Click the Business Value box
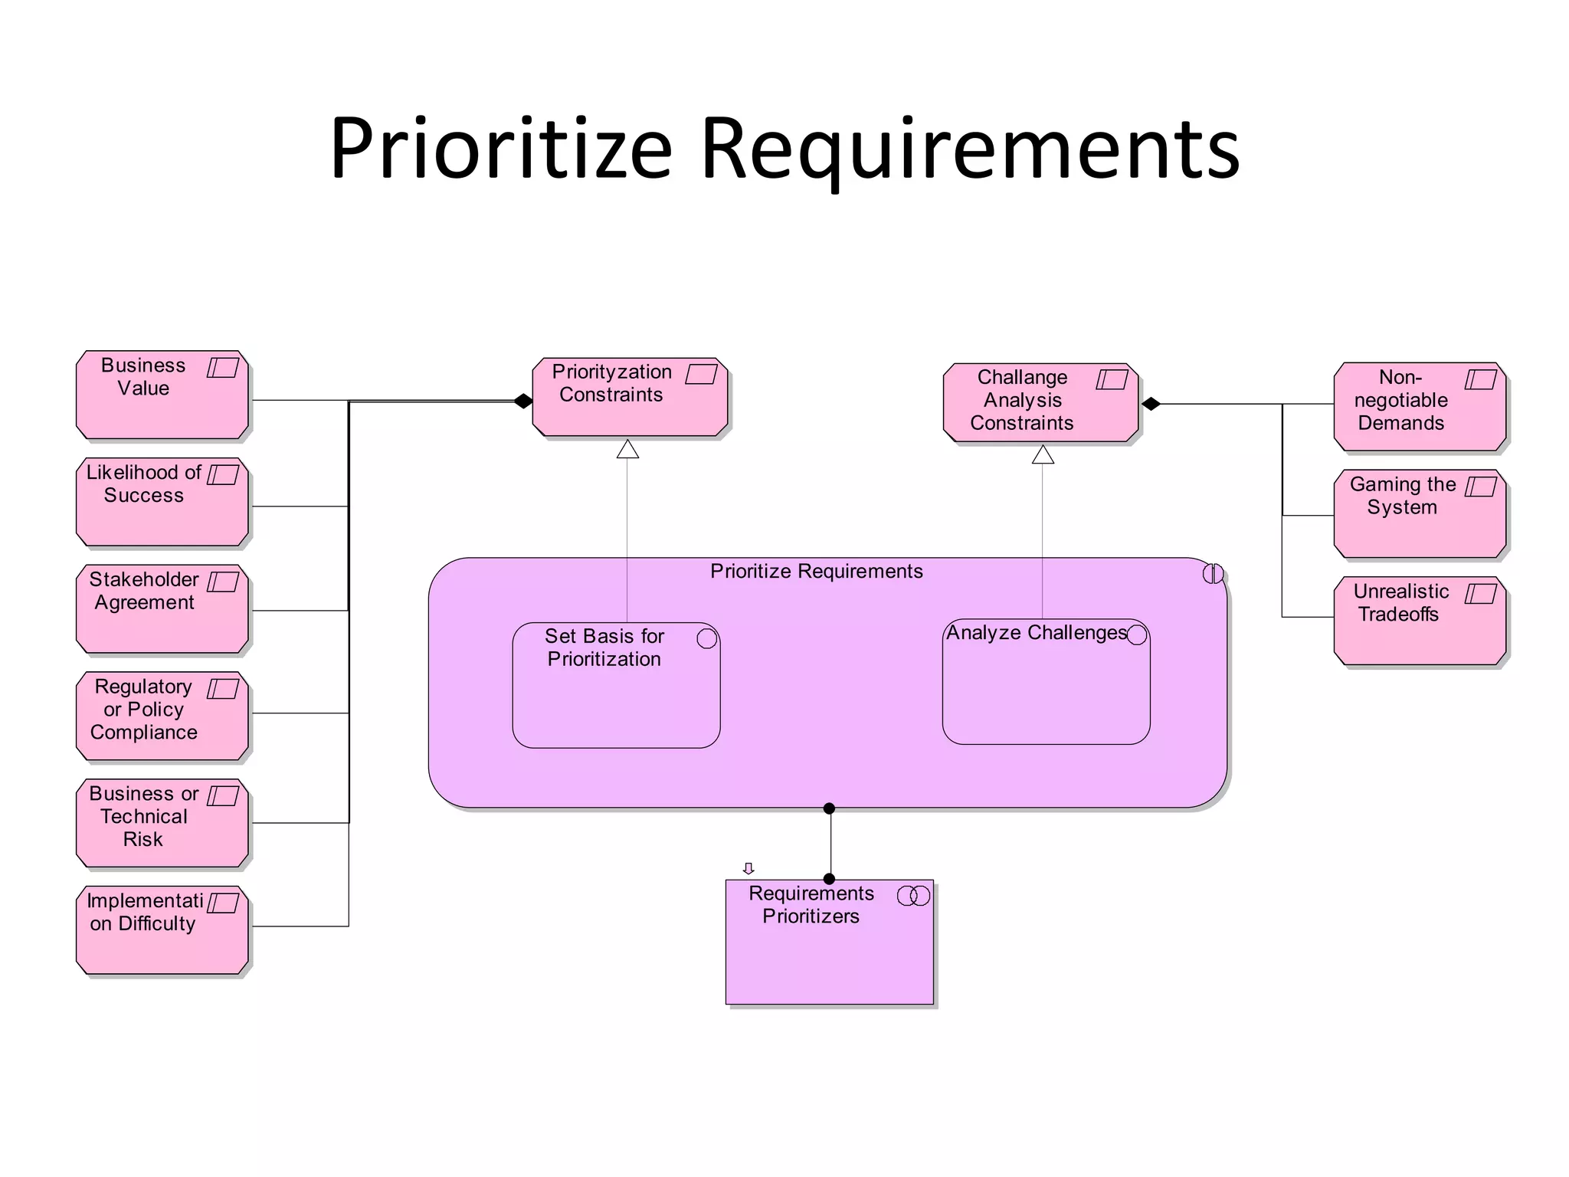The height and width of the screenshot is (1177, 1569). coord(162,395)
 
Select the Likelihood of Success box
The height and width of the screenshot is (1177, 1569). coord(162,503)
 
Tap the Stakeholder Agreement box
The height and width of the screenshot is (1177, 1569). coord(162,610)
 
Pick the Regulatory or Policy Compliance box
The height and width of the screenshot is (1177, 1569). coord(162,716)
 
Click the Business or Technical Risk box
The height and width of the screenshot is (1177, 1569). coord(162,824)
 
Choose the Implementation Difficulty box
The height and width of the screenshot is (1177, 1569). coord(162,930)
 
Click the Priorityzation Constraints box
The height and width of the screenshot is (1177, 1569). coord(630,398)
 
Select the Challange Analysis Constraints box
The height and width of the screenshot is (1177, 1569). coord(1040,403)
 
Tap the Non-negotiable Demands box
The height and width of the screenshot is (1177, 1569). coord(1420,407)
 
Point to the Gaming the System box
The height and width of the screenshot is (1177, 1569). coord(1420,514)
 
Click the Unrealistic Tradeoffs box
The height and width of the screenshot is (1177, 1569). coord(1420,621)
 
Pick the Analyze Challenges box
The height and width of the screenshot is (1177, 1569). coord(1046,682)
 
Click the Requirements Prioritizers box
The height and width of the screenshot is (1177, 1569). coord(829,943)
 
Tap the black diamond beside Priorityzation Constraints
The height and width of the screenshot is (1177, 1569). coord(523,401)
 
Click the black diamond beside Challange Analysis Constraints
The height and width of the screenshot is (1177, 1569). coord(1151,404)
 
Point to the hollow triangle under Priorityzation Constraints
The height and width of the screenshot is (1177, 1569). coord(627,450)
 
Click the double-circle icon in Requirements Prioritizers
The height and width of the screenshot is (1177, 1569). coord(913,896)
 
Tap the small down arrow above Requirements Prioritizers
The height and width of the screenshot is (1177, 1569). coord(748,868)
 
